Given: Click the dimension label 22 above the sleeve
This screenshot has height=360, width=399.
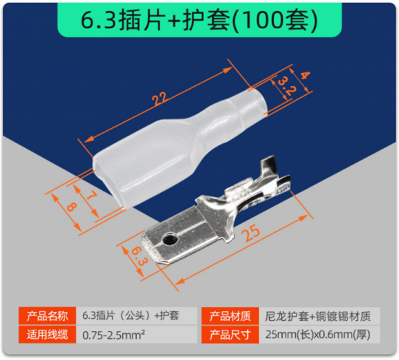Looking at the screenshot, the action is coord(160,99).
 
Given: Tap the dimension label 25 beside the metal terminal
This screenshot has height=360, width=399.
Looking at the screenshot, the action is coord(252,233).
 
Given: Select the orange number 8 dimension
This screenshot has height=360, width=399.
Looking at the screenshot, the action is coord(71,206).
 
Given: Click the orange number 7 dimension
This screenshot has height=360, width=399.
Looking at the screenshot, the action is coord(92,196).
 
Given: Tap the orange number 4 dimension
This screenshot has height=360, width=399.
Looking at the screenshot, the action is coord(305,76).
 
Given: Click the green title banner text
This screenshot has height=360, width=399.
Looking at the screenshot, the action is coord(199,20).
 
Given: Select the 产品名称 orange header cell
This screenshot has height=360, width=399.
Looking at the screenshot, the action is coord(48,316).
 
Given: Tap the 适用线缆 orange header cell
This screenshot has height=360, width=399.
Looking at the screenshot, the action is coord(48,334).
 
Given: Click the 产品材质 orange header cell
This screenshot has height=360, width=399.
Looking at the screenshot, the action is coord(230,316).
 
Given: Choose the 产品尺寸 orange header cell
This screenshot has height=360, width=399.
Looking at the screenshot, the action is coord(230,334).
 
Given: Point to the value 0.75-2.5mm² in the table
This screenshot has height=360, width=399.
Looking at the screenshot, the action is coord(114,335).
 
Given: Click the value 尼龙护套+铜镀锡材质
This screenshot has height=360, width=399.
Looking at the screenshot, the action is coord(318,316).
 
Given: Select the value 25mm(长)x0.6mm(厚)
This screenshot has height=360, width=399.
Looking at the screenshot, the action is coord(318,334).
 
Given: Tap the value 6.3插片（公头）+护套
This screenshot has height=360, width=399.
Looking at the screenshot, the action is coord(131,316).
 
